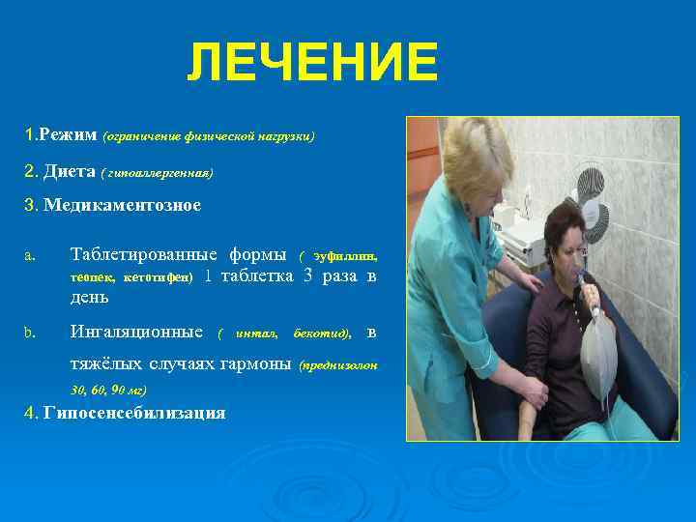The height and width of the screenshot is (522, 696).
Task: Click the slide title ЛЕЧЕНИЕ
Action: (x=312, y=63)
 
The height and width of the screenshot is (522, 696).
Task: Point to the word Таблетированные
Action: (x=145, y=255)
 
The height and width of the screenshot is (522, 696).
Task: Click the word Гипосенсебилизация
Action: (x=134, y=413)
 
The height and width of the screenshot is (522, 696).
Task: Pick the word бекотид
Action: (x=320, y=334)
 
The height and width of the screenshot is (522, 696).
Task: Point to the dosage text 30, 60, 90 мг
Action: (x=108, y=390)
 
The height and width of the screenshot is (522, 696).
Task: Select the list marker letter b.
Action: (x=30, y=333)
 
